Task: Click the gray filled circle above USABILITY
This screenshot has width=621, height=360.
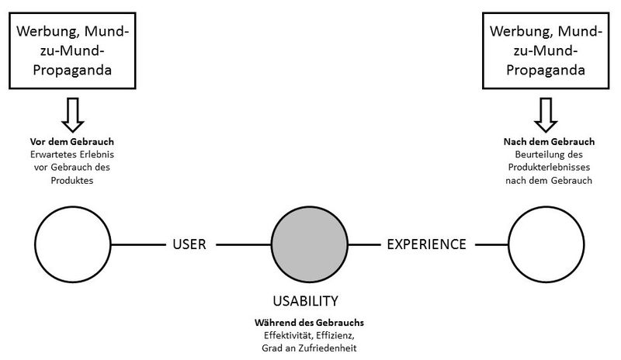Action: click(x=309, y=244)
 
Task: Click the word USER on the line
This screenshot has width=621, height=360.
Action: click(x=189, y=244)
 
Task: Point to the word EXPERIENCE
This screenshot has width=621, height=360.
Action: click(x=426, y=244)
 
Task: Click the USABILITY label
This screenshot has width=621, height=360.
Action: click(x=305, y=301)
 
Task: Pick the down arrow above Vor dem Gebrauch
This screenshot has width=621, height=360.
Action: click(x=73, y=115)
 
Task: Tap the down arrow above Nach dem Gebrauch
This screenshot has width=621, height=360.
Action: click(x=546, y=115)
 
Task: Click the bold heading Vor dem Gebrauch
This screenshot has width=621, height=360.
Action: click(x=72, y=142)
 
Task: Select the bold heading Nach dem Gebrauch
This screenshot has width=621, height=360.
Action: click(x=549, y=142)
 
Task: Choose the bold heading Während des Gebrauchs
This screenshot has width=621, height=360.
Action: click(x=309, y=323)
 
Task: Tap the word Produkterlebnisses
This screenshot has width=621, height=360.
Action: click(x=549, y=168)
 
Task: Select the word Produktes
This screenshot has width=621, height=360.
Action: click(x=72, y=181)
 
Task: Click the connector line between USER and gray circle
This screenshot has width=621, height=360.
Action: click(x=244, y=244)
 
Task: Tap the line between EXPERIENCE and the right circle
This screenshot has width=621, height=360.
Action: click(x=492, y=244)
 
